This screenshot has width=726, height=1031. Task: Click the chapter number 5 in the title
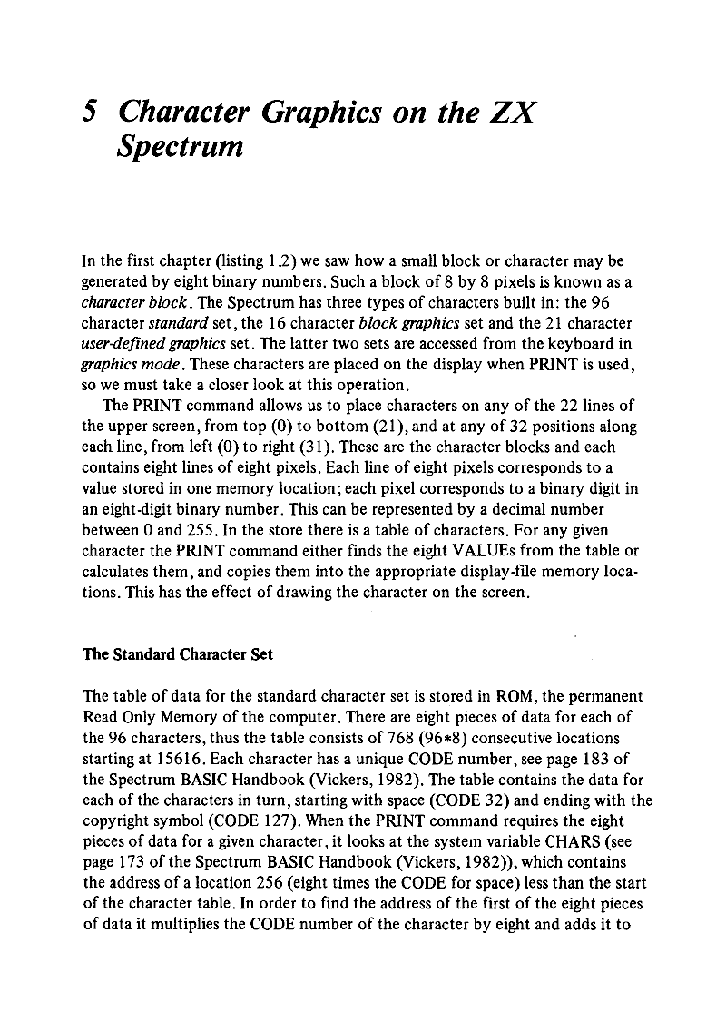(x=89, y=114)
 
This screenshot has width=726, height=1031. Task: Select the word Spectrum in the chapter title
(x=181, y=146)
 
